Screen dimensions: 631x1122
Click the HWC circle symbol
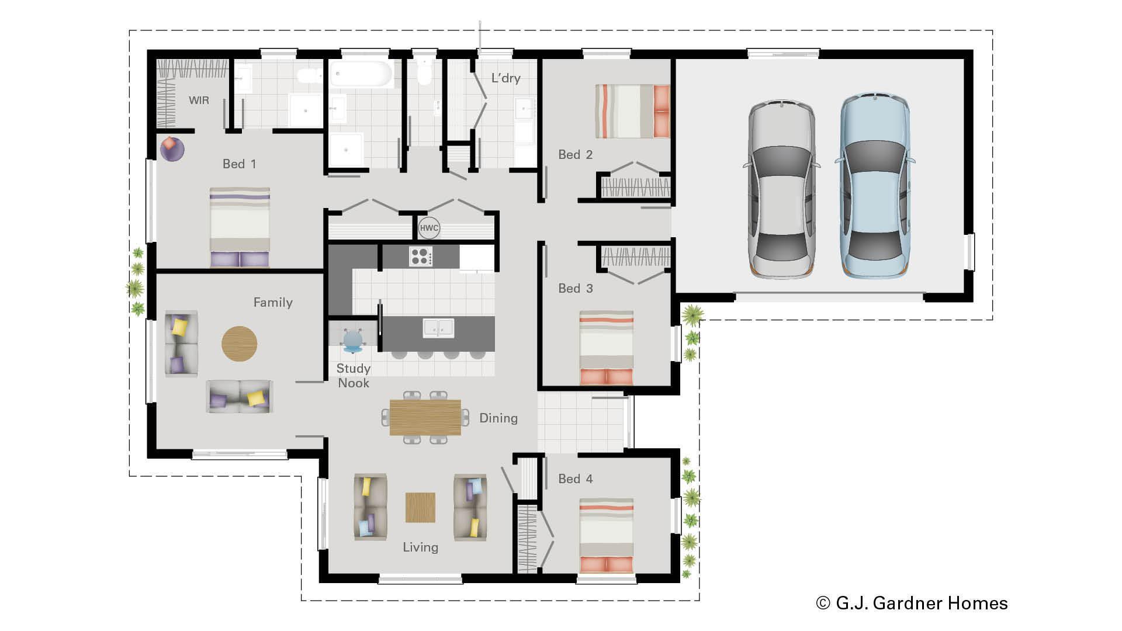tap(429, 228)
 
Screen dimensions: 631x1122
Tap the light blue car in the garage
tap(875, 186)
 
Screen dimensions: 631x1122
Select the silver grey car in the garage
tap(782, 189)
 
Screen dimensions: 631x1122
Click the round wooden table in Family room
tap(239, 344)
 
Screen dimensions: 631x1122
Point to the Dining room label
tap(498, 418)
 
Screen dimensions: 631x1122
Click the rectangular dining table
tap(425, 417)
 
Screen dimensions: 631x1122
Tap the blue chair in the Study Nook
tap(353, 341)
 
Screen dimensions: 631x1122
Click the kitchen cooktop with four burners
tap(421, 256)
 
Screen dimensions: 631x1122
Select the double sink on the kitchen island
tap(438, 328)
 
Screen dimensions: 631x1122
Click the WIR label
tap(199, 100)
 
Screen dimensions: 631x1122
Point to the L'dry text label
tap(505, 78)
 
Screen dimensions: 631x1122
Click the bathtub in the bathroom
tap(361, 74)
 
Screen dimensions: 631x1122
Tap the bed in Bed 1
tap(240, 227)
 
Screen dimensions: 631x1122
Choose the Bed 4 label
tap(575, 479)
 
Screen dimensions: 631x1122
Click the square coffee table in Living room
tap(420, 507)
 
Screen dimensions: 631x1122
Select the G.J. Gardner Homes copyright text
tap(912, 603)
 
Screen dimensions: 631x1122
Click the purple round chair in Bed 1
tap(172, 149)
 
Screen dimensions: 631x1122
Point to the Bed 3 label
tap(575, 289)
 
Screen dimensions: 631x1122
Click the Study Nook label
tap(354, 376)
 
